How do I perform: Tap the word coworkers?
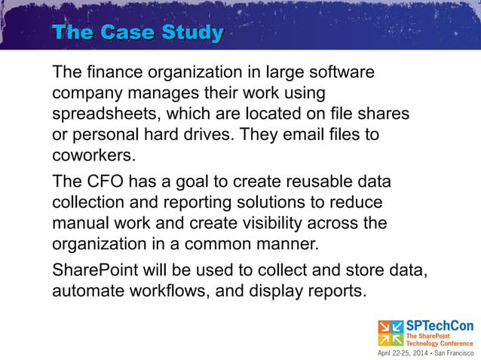(x=93, y=155)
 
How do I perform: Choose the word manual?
(x=79, y=224)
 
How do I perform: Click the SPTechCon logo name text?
(x=440, y=326)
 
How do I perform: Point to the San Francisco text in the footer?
(x=454, y=352)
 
